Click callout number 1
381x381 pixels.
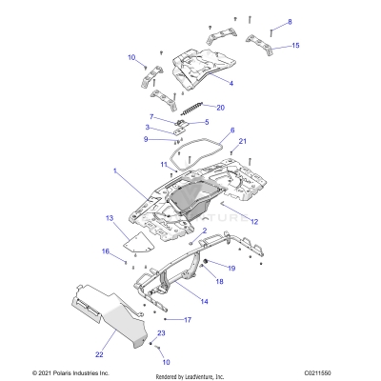[x=116, y=171]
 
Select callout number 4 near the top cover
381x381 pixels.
[x=230, y=83]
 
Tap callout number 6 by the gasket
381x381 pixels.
[x=231, y=130]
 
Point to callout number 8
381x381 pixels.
[x=291, y=21]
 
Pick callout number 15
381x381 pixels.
[x=295, y=46]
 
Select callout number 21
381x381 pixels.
[x=242, y=142]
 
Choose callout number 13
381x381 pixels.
[x=109, y=217]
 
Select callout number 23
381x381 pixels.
[x=162, y=332]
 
